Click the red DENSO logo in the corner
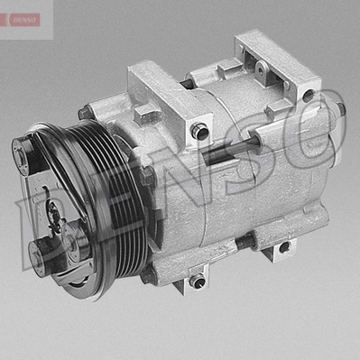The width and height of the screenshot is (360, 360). click(x=24, y=20)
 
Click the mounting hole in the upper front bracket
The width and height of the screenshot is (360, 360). click(x=199, y=131)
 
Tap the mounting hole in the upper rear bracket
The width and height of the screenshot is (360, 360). click(x=309, y=96)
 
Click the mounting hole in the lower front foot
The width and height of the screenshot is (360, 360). click(x=198, y=282)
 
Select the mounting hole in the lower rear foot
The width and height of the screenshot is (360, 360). click(x=283, y=247)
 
